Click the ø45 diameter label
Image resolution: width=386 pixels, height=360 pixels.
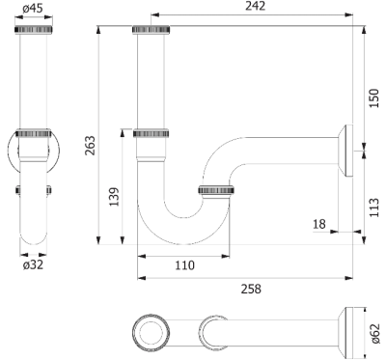pos(33,9)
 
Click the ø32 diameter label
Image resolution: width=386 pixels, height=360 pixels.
pos(33,265)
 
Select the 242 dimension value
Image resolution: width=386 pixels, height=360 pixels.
pos(256,6)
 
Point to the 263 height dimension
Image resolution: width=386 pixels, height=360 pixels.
pos(90,146)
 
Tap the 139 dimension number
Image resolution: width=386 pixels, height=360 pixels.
pos(114,197)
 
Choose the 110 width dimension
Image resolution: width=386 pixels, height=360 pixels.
pos(185,265)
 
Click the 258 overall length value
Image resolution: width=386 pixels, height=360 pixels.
pos(251,289)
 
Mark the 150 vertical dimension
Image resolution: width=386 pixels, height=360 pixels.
pos(374,98)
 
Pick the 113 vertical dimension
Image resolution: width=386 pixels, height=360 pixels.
pos(374,208)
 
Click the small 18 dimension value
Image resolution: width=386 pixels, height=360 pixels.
pos(319,224)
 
